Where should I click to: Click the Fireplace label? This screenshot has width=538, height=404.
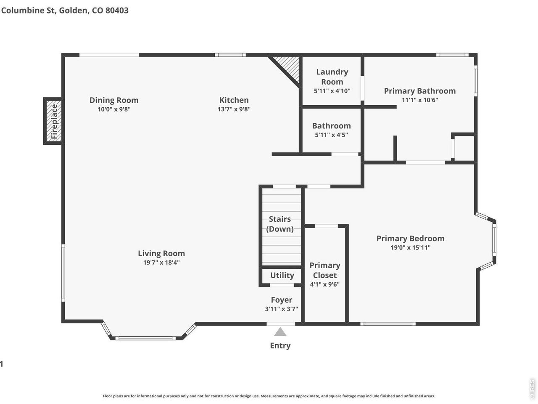coord(54,121)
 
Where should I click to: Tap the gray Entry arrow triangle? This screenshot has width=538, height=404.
coord(280,332)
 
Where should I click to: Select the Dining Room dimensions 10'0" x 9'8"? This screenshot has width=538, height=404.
coord(114,109)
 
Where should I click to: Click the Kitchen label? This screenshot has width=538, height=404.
coord(234,100)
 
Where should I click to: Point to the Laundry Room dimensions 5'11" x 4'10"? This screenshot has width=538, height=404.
coord(332,91)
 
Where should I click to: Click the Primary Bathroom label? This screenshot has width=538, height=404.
coord(420,91)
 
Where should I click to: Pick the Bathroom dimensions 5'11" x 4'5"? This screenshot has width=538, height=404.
coord(331,135)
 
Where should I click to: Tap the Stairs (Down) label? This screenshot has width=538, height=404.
coord(280,224)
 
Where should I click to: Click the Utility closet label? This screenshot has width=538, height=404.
coord(282,276)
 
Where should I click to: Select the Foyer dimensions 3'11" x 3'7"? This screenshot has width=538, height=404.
coord(281,309)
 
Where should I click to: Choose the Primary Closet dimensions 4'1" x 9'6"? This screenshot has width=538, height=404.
coord(325,284)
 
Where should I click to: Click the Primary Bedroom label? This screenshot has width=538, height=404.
coord(411,239)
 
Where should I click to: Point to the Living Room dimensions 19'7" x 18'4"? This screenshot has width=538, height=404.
coord(161,263)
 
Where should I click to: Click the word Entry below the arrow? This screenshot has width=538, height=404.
coord(280,346)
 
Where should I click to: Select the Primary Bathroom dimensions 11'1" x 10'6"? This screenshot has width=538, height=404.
coord(420,100)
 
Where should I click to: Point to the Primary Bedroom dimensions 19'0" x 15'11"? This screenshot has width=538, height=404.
coord(411,247)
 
